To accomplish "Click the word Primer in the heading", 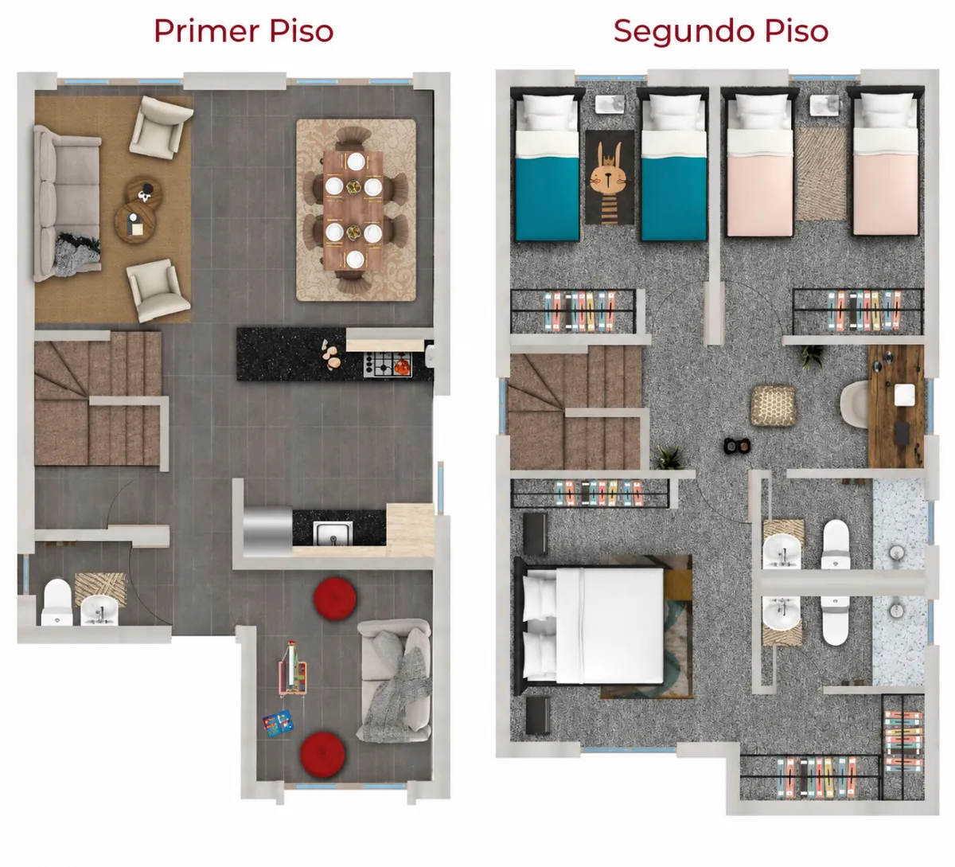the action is [206, 31].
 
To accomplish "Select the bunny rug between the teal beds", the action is [610, 178].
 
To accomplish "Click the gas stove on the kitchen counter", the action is [388, 365].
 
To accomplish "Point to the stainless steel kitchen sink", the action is [333, 533].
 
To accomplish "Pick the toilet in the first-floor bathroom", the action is [57, 601].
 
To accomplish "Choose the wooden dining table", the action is [353, 211].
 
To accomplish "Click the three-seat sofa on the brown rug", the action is [67, 202].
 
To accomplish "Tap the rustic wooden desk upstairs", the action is [896, 406].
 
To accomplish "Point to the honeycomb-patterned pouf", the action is [773, 405].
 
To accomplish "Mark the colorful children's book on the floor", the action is [278, 724].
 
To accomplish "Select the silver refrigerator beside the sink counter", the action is [267, 531].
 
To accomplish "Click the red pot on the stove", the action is [402, 366].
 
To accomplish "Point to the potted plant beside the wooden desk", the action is [812, 356].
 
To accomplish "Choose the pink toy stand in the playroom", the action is [293, 669].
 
